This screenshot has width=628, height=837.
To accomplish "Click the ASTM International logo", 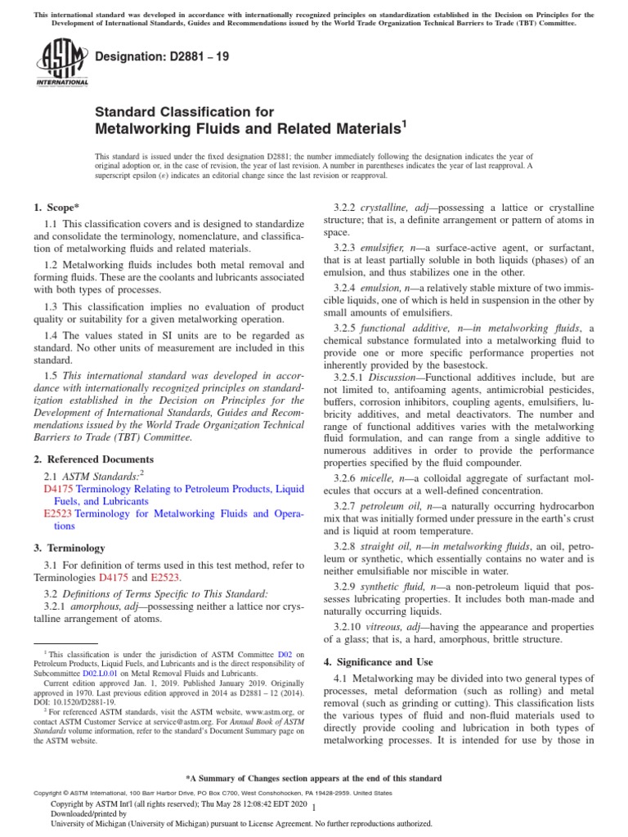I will coord(62,65).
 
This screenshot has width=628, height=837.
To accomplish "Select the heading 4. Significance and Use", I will coord(378,661).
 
